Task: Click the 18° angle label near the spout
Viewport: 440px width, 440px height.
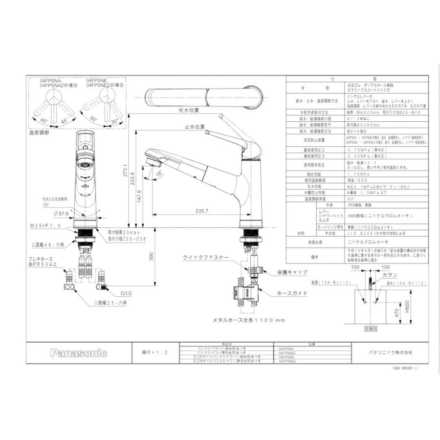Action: [158, 174]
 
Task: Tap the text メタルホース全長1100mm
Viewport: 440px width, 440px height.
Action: [248, 320]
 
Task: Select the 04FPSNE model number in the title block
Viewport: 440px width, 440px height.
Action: [287, 357]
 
